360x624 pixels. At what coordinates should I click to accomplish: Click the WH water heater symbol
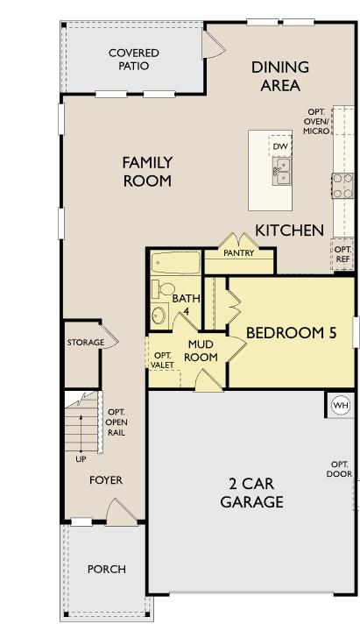coord(340,405)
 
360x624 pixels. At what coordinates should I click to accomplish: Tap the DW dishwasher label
coord(280,146)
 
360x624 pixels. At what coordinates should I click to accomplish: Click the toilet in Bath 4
coord(164,289)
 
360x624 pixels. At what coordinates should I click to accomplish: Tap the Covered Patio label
coord(134,60)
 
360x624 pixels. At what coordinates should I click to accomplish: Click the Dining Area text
coord(280,76)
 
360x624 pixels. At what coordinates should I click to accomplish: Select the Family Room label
coord(147,172)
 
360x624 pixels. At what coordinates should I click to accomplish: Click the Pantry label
coord(238,253)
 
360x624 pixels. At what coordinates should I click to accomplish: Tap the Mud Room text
coord(201,351)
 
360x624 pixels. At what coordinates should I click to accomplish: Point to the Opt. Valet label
coord(162,359)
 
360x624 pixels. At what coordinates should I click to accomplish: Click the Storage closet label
coord(86,342)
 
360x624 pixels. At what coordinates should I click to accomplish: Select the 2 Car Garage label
coord(251,493)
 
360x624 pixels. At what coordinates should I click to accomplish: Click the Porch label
coord(106,569)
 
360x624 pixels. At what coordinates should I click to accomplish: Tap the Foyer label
coord(106,480)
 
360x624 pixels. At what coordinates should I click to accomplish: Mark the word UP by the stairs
coord(81,458)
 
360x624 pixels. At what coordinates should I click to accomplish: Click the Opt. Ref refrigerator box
coord(342,254)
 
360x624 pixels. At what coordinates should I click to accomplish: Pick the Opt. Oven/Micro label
coord(316,121)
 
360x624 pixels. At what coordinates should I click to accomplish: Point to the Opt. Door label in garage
coord(340,469)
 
